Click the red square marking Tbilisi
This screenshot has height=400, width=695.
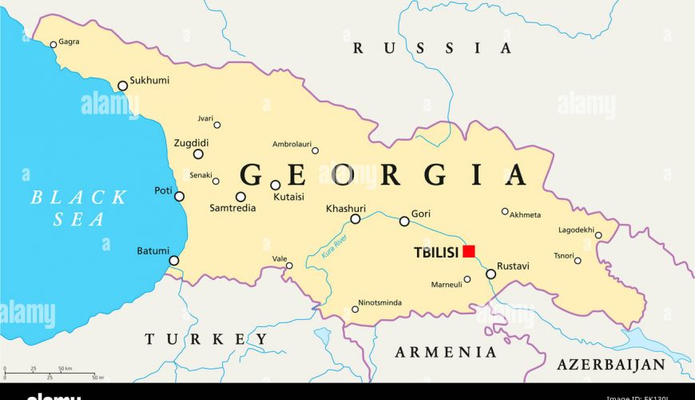click(469, 251)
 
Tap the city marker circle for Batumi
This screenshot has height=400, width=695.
click(174, 260)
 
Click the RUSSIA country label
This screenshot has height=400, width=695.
click(431, 48)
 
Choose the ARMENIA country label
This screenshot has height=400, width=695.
click(447, 352)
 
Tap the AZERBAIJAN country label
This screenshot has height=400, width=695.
click(611, 365)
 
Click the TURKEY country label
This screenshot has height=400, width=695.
click(206, 339)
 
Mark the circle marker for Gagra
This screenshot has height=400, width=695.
click(54, 45)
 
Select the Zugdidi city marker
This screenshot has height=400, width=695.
click(198, 154)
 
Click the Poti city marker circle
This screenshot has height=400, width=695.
click(179, 196)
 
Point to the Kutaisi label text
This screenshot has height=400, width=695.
click(289, 196)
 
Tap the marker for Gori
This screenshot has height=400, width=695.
click(404, 221)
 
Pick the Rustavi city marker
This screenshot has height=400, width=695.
click(490, 274)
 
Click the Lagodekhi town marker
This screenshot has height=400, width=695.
click(598, 235)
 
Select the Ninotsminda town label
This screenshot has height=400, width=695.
click(380, 302)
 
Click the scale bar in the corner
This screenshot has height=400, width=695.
click(50, 373)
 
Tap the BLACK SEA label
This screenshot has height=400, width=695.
click(79, 208)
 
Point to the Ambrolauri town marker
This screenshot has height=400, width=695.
click(315, 150)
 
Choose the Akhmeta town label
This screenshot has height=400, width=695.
click(525, 214)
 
